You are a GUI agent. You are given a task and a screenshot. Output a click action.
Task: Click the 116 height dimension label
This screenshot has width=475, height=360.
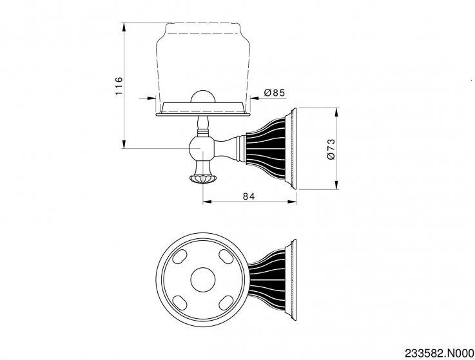click(x=119, y=86)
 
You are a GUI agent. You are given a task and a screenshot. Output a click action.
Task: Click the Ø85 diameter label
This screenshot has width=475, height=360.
click(x=275, y=92)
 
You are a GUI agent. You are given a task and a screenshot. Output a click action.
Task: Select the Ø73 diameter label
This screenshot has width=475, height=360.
click(x=331, y=149)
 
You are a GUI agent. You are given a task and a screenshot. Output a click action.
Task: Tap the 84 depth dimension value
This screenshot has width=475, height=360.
click(x=249, y=196)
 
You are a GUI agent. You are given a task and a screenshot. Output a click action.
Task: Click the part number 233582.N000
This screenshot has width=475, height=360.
click(x=440, y=353)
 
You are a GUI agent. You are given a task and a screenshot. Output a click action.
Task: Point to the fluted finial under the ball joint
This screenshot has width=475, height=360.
click(x=202, y=178)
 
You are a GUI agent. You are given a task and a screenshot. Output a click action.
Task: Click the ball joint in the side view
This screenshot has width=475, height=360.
click(x=202, y=148)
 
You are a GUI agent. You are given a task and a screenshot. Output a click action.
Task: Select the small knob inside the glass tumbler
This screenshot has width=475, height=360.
click(x=202, y=97)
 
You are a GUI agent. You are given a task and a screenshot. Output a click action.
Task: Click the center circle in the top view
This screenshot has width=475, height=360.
click(x=202, y=280)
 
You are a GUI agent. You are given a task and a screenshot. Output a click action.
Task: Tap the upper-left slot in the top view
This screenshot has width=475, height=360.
click(x=179, y=257)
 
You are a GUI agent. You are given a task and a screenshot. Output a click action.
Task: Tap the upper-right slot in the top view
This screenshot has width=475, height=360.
click(x=226, y=257)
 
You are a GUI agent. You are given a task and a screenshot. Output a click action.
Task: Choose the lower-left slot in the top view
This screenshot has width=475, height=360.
click(x=179, y=303)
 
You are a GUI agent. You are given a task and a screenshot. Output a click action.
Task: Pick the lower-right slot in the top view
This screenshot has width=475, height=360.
click(x=226, y=303)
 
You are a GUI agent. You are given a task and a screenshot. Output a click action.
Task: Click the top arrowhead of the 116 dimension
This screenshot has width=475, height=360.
click(x=124, y=28)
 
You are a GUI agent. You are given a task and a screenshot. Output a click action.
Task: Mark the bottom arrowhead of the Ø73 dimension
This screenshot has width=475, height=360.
click(x=336, y=185)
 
